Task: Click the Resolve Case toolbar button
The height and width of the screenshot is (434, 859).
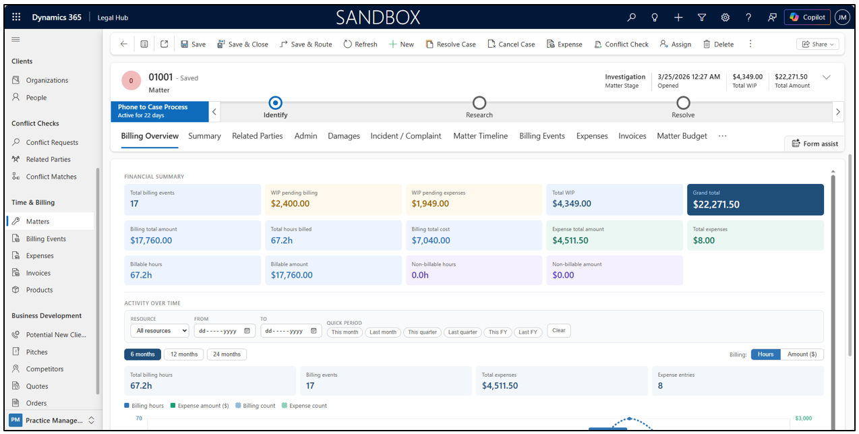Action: (x=450, y=44)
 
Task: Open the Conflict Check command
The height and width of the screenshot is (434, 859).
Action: (x=621, y=44)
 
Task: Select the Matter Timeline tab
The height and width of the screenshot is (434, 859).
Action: (x=481, y=135)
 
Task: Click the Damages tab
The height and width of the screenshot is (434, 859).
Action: (x=344, y=135)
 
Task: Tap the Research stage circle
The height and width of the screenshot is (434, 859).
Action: (x=479, y=102)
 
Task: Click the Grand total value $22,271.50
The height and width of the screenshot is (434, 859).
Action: (x=716, y=204)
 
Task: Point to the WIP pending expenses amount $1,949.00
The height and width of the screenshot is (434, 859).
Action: (x=430, y=204)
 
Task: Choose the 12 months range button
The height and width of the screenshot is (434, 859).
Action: (x=183, y=354)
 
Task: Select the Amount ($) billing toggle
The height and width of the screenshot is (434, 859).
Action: (x=802, y=354)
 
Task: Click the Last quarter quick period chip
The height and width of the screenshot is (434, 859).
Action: (x=463, y=332)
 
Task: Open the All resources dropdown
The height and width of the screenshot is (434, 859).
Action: (x=160, y=330)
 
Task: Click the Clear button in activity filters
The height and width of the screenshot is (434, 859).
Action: (x=559, y=330)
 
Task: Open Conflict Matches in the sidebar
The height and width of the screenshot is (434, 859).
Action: (x=51, y=177)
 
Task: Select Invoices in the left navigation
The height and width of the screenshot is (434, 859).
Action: (x=38, y=273)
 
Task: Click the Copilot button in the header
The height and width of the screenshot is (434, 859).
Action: (x=807, y=18)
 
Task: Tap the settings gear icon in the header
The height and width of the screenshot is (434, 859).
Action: (x=725, y=18)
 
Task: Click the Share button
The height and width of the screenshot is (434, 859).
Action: (x=818, y=44)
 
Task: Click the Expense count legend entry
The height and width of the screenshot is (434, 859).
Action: (x=304, y=406)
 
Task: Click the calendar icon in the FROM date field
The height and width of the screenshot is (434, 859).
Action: (x=247, y=330)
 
